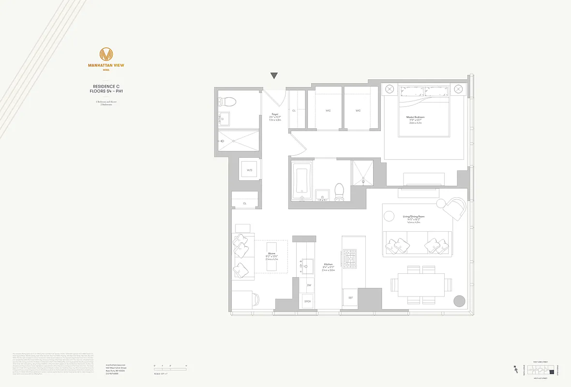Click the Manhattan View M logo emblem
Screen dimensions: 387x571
pyautogui.click(x=106, y=54)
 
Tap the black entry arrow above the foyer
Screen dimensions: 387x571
pyautogui.click(x=274, y=75)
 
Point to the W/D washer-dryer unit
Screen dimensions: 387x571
pyautogui.click(x=250, y=170)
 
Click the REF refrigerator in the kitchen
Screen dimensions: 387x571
pyautogui.click(x=351, y=298)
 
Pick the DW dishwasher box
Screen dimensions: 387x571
pyautogui.click(x=309, y=285)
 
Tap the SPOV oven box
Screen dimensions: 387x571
pyautogui.click(x=308, y=301)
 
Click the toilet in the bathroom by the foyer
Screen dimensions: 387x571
pyautogui.click(x=227, y=102)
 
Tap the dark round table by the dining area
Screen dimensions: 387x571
pyautogui.click(x=458, y=301)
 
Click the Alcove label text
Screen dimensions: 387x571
pyautogui.click(x=271, y=253)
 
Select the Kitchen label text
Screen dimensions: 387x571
pyautogui.click(x=329, y=264)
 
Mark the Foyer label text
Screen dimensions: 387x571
pyautogui.click(x=274, y=114)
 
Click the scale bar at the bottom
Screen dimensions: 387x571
pyautogui.click(x=169, y=370)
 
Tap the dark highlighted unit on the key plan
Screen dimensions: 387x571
pyautogui.click(x=552, y=372)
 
